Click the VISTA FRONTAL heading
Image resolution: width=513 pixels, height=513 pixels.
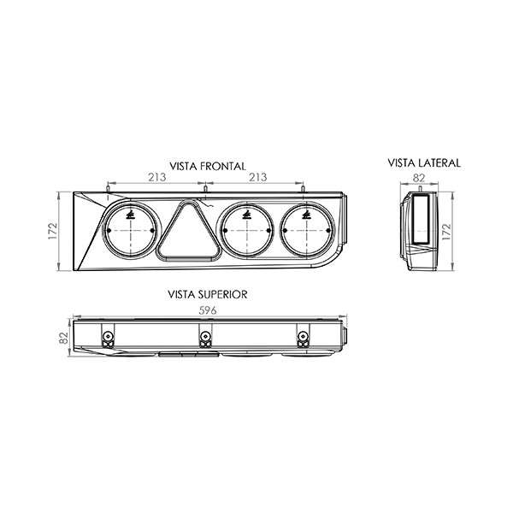click(x=208, y=166)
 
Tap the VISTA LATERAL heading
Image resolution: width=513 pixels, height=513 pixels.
click(x=424, y=163)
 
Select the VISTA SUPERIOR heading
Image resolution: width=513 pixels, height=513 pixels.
click(x=208, y=294)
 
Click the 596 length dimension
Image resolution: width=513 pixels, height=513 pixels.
click(x=208, y=310)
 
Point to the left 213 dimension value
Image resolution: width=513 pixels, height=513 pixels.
click(x=157, y=177)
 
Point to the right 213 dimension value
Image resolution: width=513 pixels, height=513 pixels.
click(x=258, y=177)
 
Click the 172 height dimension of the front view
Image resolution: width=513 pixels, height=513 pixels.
click(x=53, y=231)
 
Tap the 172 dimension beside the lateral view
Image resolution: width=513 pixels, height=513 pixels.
click(x=446, y=232)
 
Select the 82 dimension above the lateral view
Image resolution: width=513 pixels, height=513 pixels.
click(x=418, y=178)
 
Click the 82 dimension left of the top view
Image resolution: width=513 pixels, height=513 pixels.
click(x=63, y=338)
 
